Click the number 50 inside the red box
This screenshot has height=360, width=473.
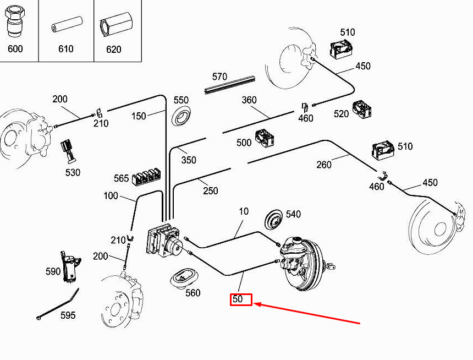pyautogui.click(x=238, y=299)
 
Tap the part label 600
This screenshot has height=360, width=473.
pyautogui.click(x=15, y=48)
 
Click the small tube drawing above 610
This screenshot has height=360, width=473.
pyautogui.click(x=67, y=24)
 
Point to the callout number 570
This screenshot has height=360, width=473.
pyautogui.click(x=219, y=77)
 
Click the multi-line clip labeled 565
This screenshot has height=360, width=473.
pyautogui.click(x=146, y=178)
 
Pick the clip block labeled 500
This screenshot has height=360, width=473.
pyautogui.click(x=265, y=138)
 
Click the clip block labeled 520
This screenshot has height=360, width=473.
pyautogui.click(x=362, y=110)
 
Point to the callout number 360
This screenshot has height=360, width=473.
pyautogui.click(x=249, y=100)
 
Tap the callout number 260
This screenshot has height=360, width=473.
pyautogui.click(x=324, y=165)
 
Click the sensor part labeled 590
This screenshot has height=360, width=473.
pyautogui.click(x=70, y=266)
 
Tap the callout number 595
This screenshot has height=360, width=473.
pyautogui.click(x=68, y=315)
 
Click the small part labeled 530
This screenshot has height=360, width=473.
pyautogui.click(x=68, y=151)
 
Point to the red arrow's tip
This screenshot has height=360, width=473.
pyautogui.click(x=253, y=303)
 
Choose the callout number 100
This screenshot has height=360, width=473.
pyautogui.click(x=111, y=196)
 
